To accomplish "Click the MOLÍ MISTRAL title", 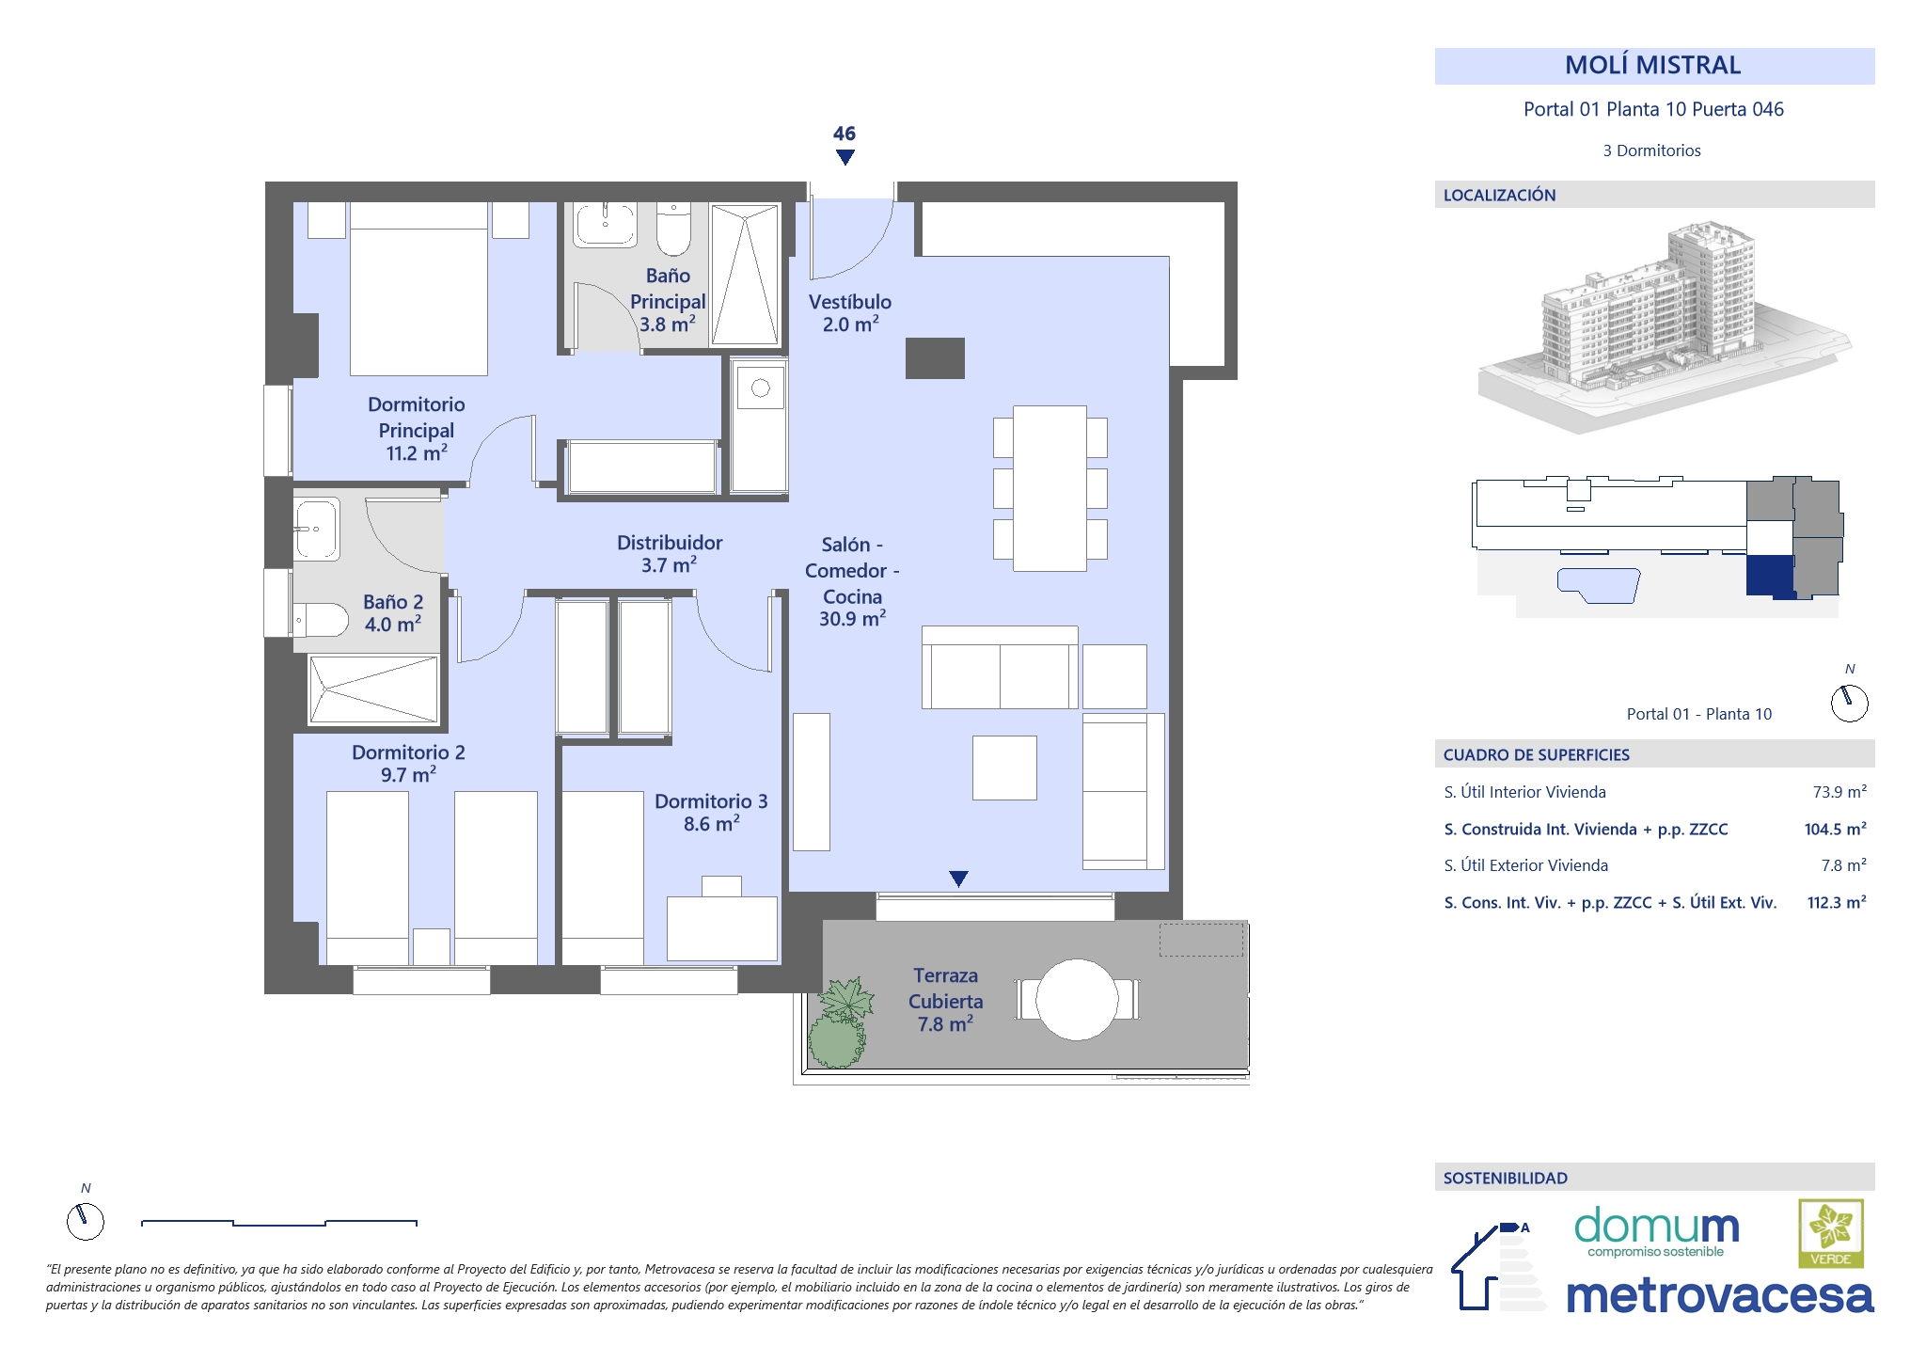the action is pos(1652,65).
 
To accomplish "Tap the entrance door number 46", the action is pos(845,134).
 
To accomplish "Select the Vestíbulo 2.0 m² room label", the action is pos(850,313).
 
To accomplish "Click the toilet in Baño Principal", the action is pos(673,229).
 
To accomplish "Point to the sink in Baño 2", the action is pos(317,529).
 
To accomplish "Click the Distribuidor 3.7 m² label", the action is pos(670,553).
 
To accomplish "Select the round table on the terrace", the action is pos(1077,999).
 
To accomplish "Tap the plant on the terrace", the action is pos(839,1022).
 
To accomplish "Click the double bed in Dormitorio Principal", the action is pos(418,290).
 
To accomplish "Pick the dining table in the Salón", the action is pos(1050,488).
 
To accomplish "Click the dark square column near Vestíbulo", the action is pos(935,358).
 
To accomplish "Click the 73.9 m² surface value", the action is pos(1839,792).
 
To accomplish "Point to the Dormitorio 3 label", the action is pos(711,812).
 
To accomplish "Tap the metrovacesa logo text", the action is pos(1720,1295).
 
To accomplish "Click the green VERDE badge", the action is pos(1831,1233).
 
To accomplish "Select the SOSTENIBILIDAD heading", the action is pos(1506,1178).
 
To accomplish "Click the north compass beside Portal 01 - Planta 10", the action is pos(1849,703).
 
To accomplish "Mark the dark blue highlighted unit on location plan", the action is pos(1771,576).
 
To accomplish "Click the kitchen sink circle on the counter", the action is pos(761,388).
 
